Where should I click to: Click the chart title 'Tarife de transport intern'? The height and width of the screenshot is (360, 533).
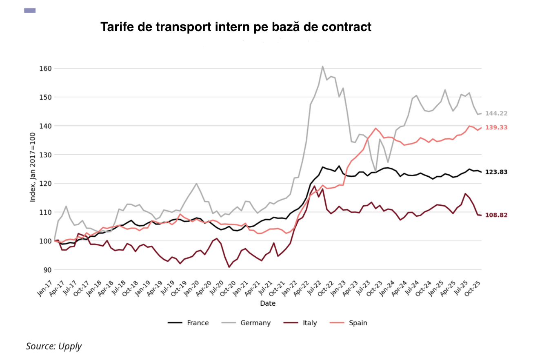(236, 27)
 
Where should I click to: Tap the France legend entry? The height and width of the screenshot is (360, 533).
(189, 323)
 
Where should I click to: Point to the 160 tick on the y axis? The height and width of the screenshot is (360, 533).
(46, 69)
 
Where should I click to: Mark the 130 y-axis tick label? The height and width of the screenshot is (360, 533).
(46, 155)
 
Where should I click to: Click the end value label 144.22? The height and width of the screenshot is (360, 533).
(496, 113)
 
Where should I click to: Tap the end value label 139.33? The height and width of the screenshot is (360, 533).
(496, 128)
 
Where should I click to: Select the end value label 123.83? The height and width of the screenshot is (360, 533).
(496, 172)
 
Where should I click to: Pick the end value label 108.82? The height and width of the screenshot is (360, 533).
(496, 215)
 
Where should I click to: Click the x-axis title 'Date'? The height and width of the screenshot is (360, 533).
(268, 304)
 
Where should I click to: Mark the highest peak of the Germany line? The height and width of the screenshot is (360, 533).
(322, 66)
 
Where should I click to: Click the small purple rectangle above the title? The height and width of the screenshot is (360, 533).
(30, 11)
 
